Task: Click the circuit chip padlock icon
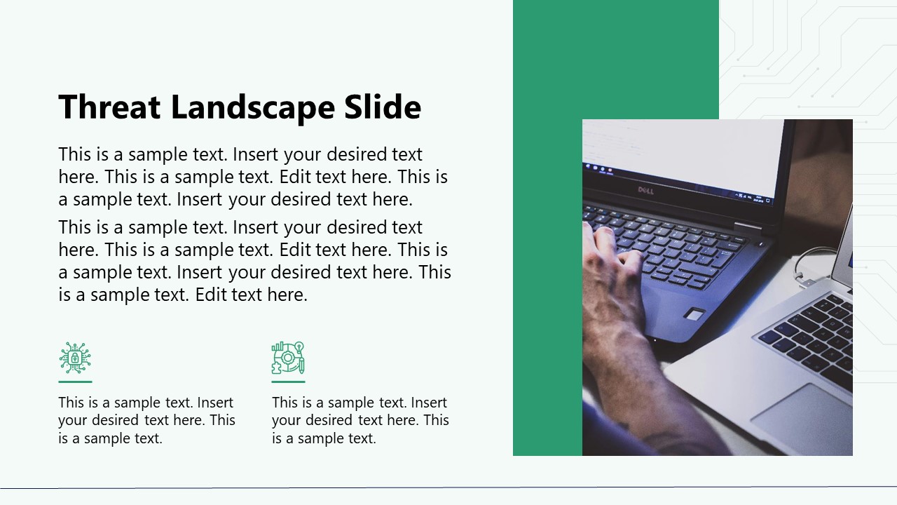[75, 358]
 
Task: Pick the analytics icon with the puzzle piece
[288, 358]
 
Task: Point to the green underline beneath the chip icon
[75, 382]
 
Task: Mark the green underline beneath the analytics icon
[288, 382]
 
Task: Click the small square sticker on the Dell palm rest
[694, 314]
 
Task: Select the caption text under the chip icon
[146, 420]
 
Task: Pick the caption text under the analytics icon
[360, 420]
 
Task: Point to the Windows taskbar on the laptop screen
[680, 180]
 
